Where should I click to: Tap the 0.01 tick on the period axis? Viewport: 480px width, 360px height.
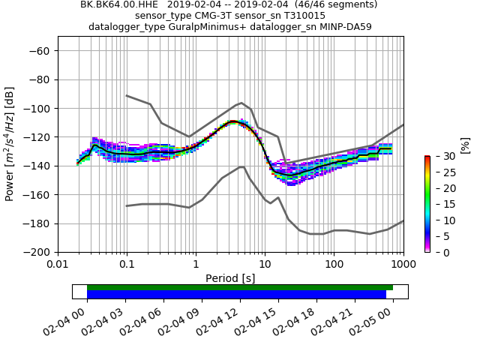click(58, 265)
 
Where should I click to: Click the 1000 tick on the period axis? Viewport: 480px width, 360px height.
click(403, 265)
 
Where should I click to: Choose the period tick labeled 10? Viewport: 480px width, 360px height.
click(265, 265)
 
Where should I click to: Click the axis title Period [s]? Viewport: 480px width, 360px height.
click(230, 278)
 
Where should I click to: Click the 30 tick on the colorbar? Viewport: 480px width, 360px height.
click(442, 156)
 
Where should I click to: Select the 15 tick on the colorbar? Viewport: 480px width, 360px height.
click(442, 204)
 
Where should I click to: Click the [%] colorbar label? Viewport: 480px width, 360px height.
click(465, 144)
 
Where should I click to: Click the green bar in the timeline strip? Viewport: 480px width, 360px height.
click(240, 287)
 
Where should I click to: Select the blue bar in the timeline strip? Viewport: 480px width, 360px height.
click(236, 295)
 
